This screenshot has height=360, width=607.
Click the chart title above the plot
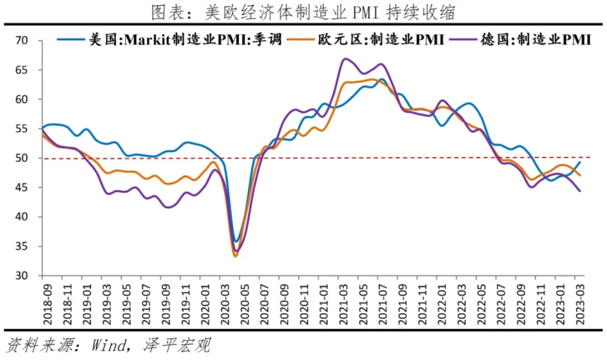[x=303, y=12]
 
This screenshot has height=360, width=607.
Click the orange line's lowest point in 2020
[x=236, y=256]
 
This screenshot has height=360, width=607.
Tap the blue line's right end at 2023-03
[x=580, y=162]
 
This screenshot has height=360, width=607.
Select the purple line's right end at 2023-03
[x=580, y=191]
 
